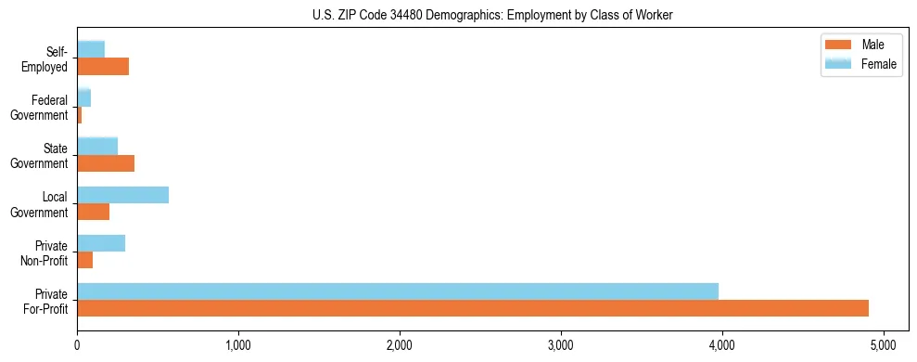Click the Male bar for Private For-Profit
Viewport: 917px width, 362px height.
(x=473, y=308)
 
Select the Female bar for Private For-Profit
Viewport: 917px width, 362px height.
(x=398, y=291)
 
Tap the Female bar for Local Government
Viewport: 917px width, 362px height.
(x=122, y=195)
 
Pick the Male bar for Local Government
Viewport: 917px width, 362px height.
(x=93, y=212)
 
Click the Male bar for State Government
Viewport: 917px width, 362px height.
(x=106, y=163)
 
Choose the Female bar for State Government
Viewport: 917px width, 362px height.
(x=97, y=147)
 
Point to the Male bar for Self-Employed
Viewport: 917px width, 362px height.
(x=103, y=67)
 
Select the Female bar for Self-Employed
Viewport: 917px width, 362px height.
(x=91, y=50)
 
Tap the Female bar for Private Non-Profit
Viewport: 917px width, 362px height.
(x=101, y=243)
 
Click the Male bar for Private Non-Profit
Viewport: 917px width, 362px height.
(x=84, y=260)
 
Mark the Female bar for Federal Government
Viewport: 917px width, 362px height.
(x=83, y=98)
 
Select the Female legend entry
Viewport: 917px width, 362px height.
(x=858, y=64)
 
